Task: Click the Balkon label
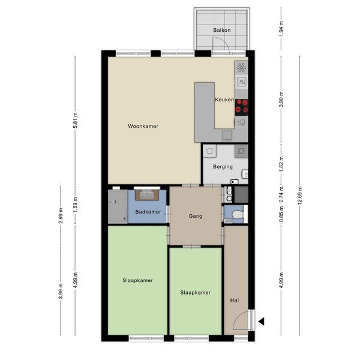click(222, 31)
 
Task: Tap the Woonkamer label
click(143, 126)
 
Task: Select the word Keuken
click(224, 100)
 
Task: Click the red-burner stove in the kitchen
click(242, 107)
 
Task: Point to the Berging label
click(223, 167)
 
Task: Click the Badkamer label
click(148, 212)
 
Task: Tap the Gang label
click(196, 216)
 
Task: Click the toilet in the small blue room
click(238, 215)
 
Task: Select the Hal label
click(235, 301)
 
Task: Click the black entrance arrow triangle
click(262, 322)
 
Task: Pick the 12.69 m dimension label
click(300, 196)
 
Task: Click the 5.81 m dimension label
click(76, 121)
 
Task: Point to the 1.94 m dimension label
click(282, 29)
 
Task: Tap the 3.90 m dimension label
click(282, 100)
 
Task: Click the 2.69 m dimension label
click(61, 216)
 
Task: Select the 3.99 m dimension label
click(61, 291)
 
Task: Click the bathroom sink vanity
click(147, 195)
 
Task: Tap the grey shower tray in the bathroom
click(118, 206)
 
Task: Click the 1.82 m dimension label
click(282, 164)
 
